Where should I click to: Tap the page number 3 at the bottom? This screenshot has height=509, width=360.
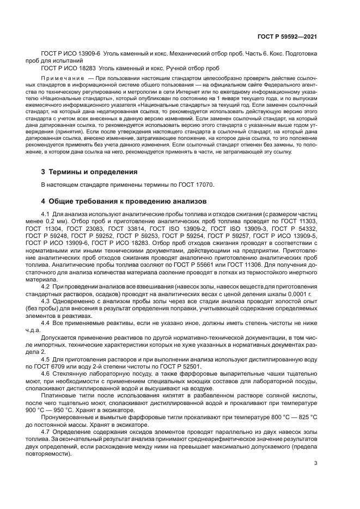coord(315,463)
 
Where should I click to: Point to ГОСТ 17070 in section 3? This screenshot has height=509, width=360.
coord(197,185)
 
